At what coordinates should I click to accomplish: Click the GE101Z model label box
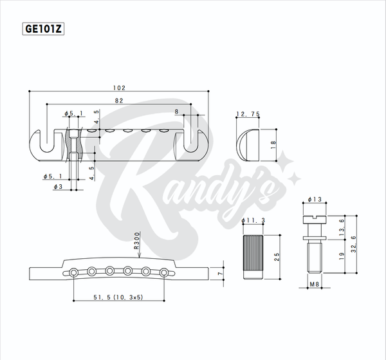click(x=43, y=29)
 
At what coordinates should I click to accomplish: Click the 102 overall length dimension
click(x=119, y=88)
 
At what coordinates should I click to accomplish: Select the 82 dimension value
click(x=119, y=100)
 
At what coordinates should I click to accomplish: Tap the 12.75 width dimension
click(x=248, y=114)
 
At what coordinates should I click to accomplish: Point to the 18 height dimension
click(x=273, y=145)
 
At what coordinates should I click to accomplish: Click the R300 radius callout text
click(x=136, y=240)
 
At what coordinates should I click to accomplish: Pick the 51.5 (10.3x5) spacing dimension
click(x=118, y=297)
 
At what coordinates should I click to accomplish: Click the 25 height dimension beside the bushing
click(x=277, y=257)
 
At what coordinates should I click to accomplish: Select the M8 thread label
click(x=315, y=285)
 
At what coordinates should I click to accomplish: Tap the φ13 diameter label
click(x=315, y=200)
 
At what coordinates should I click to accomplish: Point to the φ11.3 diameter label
click(x=253, y=220)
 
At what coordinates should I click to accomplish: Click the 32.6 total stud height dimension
click(x=354, y=244)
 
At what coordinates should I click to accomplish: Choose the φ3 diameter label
click(x=58, y=187)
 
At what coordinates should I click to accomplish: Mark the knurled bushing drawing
click(x=253, y=257)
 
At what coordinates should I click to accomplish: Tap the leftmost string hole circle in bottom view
click(x=73, y=273)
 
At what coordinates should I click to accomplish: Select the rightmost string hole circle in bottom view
click(x=164, y=273)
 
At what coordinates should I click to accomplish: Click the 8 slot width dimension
click(x=176, y=111)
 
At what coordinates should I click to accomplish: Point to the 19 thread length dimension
click(x=342, y=256)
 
